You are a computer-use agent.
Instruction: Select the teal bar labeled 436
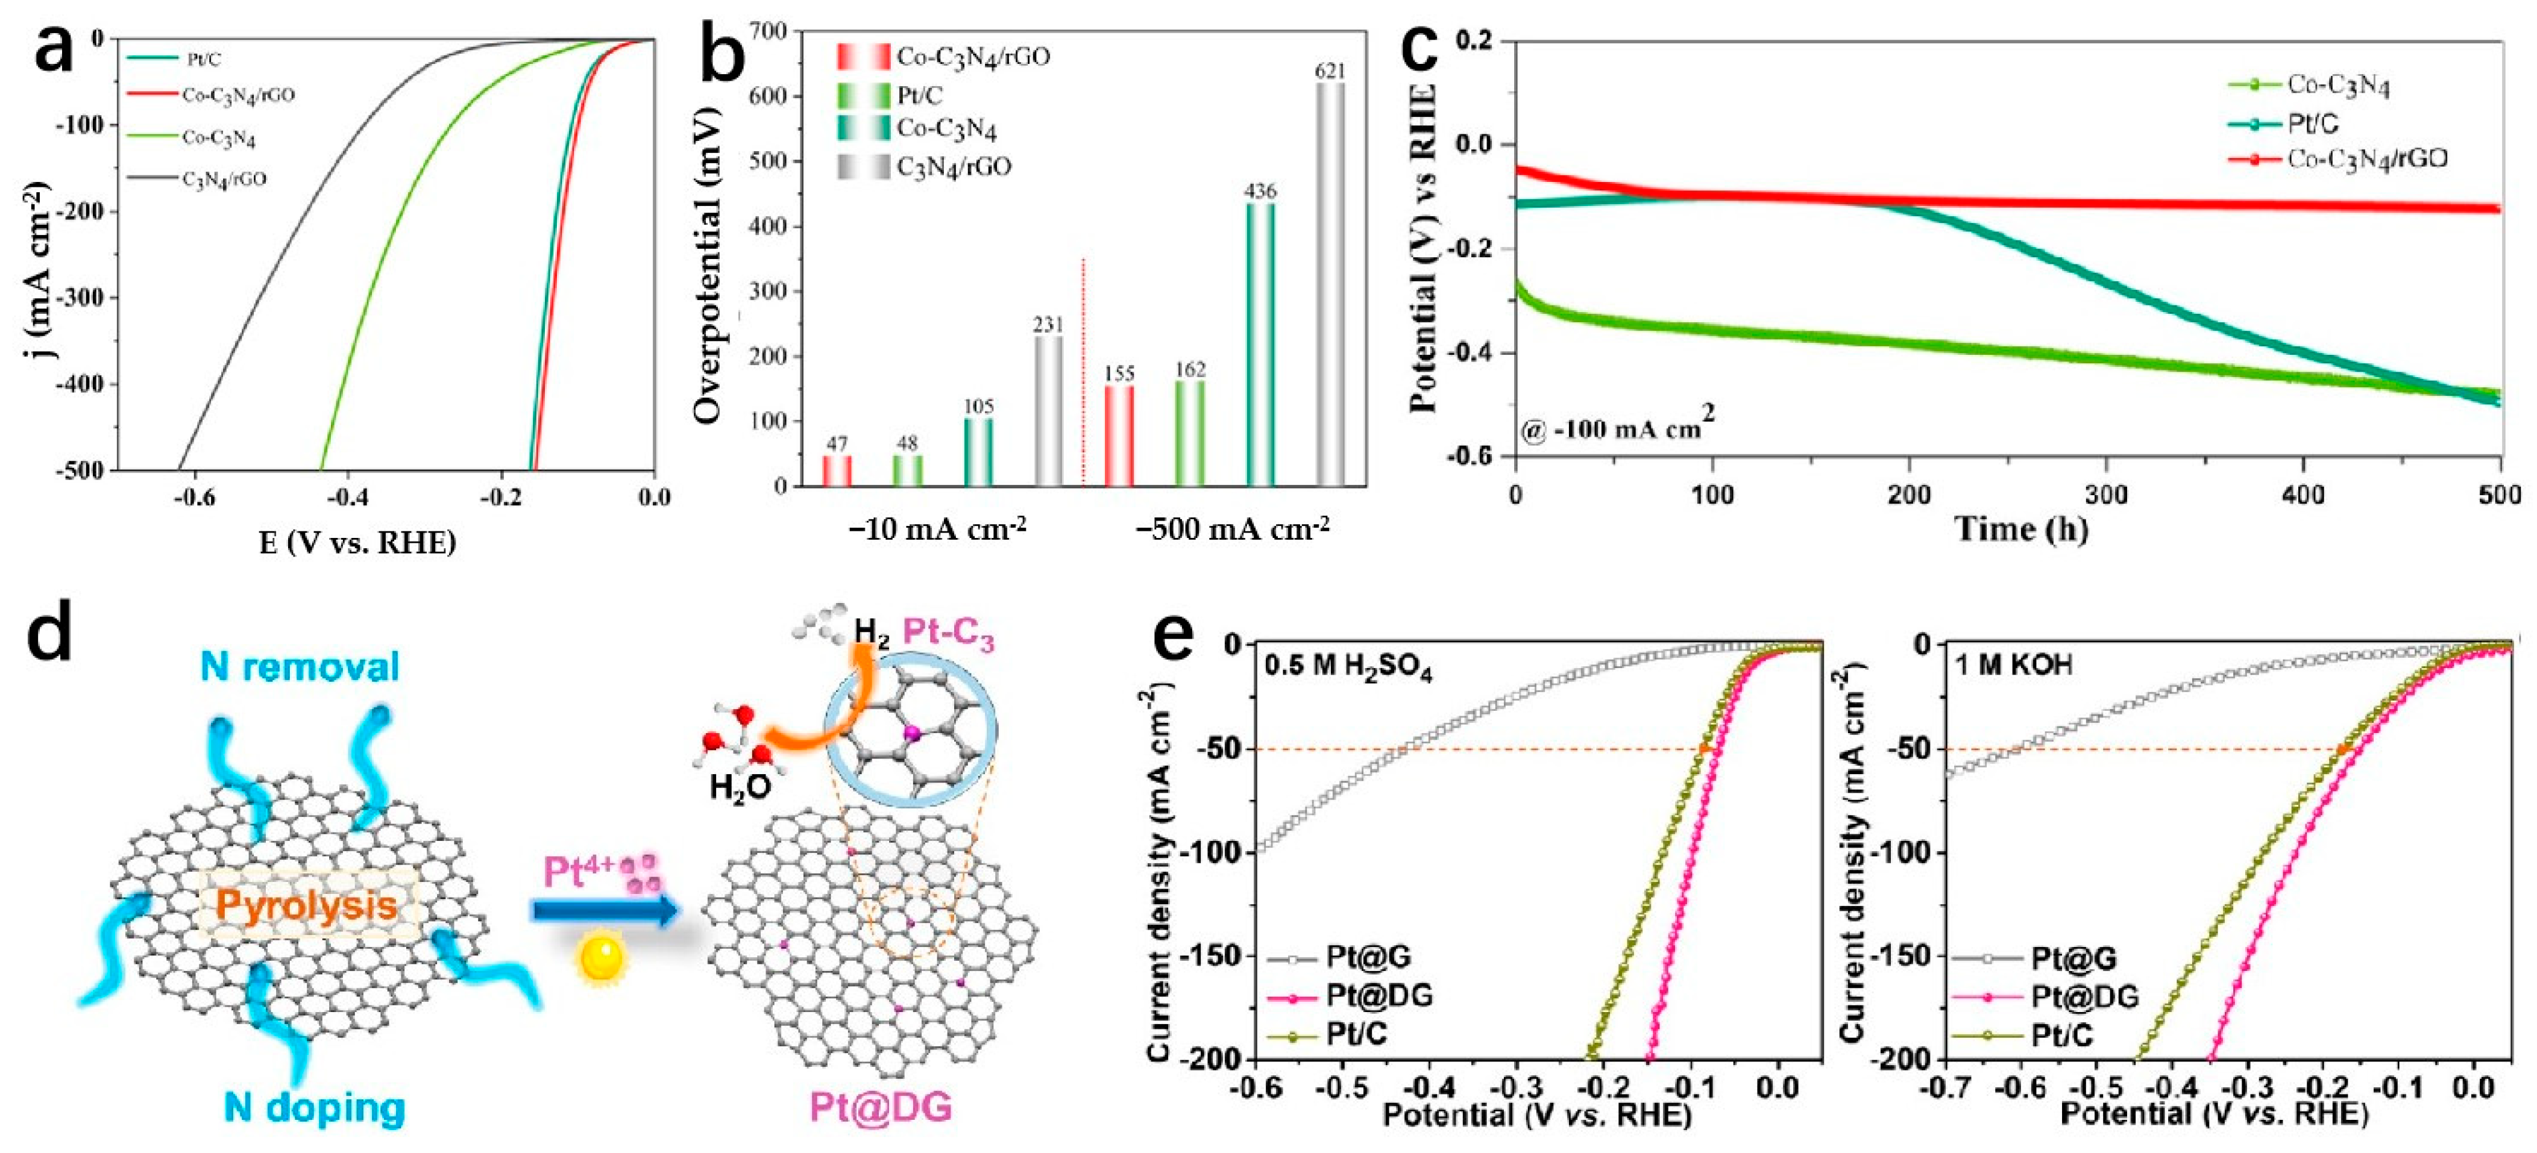[x=1260, y=345]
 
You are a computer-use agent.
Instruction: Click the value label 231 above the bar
[x=1048, y=324]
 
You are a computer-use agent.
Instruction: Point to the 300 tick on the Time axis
[x=2107, y=495]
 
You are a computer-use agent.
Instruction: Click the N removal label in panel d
[x=300, y=667]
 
